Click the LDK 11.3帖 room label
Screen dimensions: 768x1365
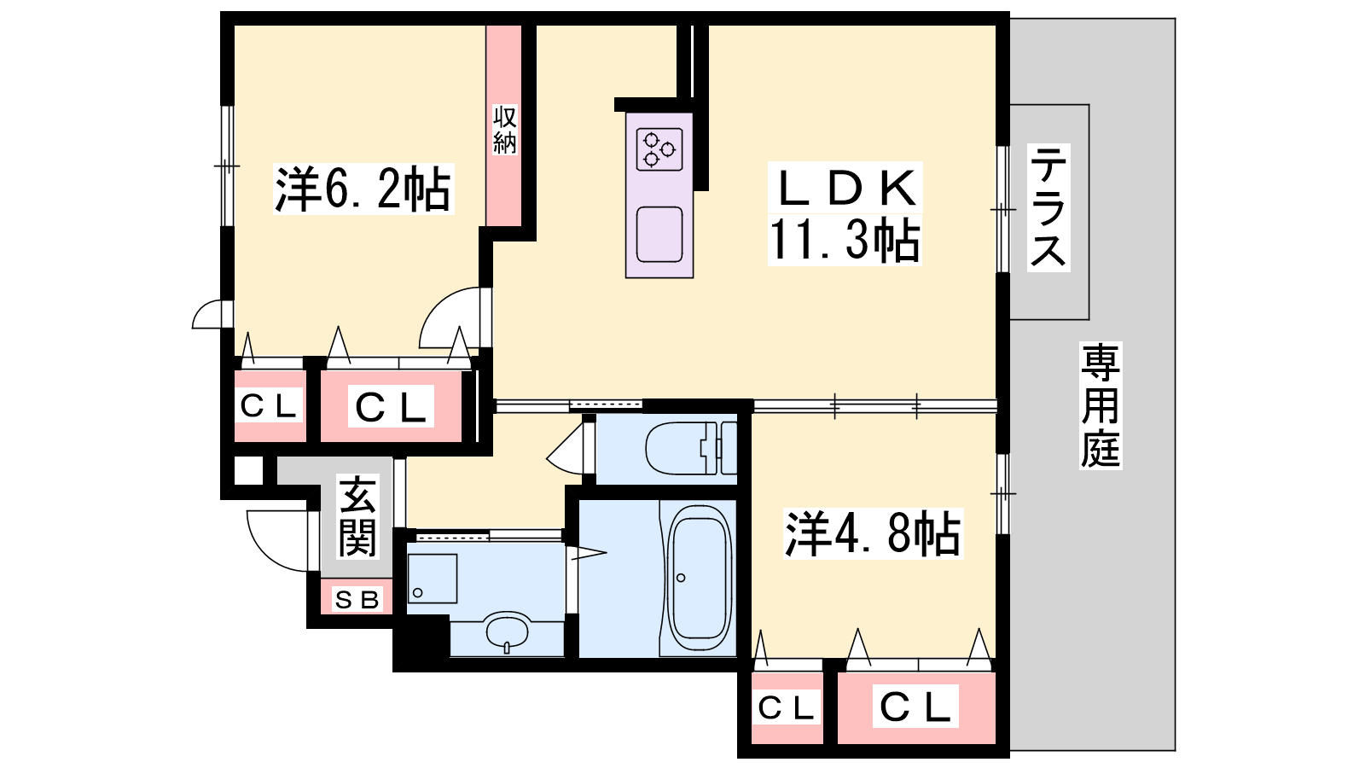[x=845, y=213]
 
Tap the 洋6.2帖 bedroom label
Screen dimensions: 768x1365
[x=363, y=189]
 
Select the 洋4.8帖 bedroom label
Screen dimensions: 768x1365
[x=872, y=534]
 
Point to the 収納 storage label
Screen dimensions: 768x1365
[x=505, y=130]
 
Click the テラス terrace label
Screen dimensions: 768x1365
[x=1048, y=208]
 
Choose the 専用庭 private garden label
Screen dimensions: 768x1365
[x=1100, y=405]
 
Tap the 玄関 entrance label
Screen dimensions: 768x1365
[x=357, y=517]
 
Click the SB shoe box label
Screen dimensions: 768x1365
[x=357, y=600]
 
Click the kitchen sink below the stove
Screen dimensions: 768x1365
[x=659, y=234]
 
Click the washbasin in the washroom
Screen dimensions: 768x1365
[x=508, y=631]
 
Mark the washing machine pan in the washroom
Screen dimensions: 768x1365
[x=432, y=579]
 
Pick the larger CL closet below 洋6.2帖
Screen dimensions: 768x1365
[x=392, y=407]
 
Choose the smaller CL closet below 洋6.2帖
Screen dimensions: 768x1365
[x=269, y=406]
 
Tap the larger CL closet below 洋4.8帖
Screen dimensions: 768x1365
[x=915, y=707]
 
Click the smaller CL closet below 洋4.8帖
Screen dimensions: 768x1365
[x=787, y=707]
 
